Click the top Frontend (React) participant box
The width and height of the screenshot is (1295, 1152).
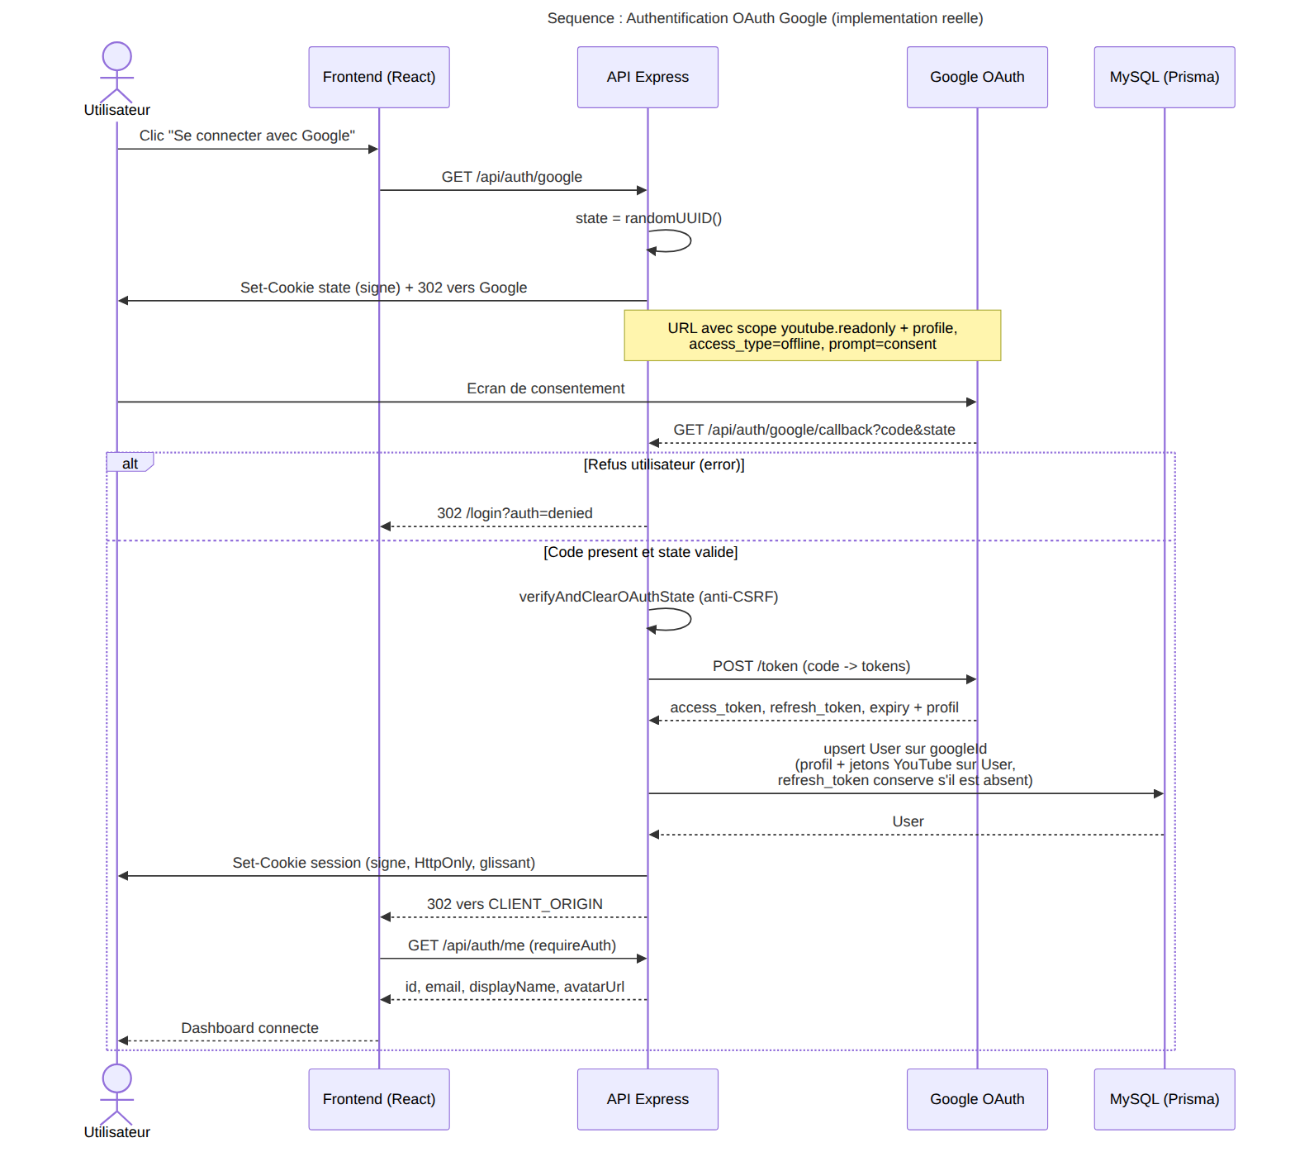379,77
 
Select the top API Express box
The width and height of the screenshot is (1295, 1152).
647,77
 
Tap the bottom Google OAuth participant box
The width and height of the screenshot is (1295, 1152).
977,1099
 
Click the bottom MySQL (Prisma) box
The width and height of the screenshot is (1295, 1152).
1165,1099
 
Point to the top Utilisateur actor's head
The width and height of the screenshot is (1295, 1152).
117,56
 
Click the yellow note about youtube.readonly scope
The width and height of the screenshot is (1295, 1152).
813,336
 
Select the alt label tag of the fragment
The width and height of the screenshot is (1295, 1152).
130,463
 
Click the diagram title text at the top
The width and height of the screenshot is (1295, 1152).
765,18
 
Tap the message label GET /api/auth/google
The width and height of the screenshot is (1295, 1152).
512,177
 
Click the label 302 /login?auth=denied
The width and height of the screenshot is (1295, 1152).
515,513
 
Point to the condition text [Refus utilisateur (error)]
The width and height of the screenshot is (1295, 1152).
664,464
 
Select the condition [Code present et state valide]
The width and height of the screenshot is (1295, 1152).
641,552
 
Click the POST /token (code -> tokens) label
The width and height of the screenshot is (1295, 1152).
812,666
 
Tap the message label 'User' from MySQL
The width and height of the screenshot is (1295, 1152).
908,821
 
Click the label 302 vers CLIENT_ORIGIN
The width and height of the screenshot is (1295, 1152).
515,904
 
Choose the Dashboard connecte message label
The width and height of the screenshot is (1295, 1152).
249,1028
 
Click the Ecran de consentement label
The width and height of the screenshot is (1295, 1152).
546,388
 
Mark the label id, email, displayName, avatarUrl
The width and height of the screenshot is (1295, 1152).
515,987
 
